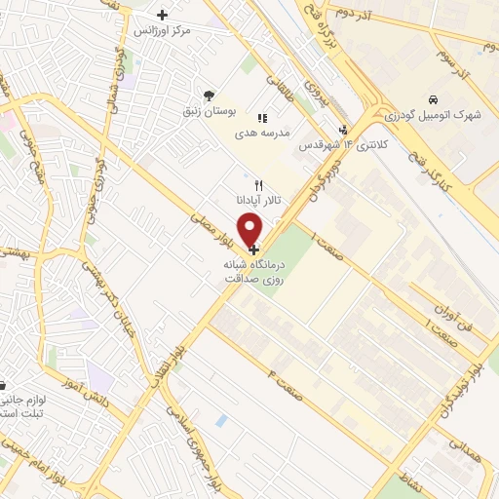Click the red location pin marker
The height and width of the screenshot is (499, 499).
[251, 229]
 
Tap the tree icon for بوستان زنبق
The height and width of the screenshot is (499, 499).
[209, 96]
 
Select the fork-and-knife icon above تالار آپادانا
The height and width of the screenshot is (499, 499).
[258, 184]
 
